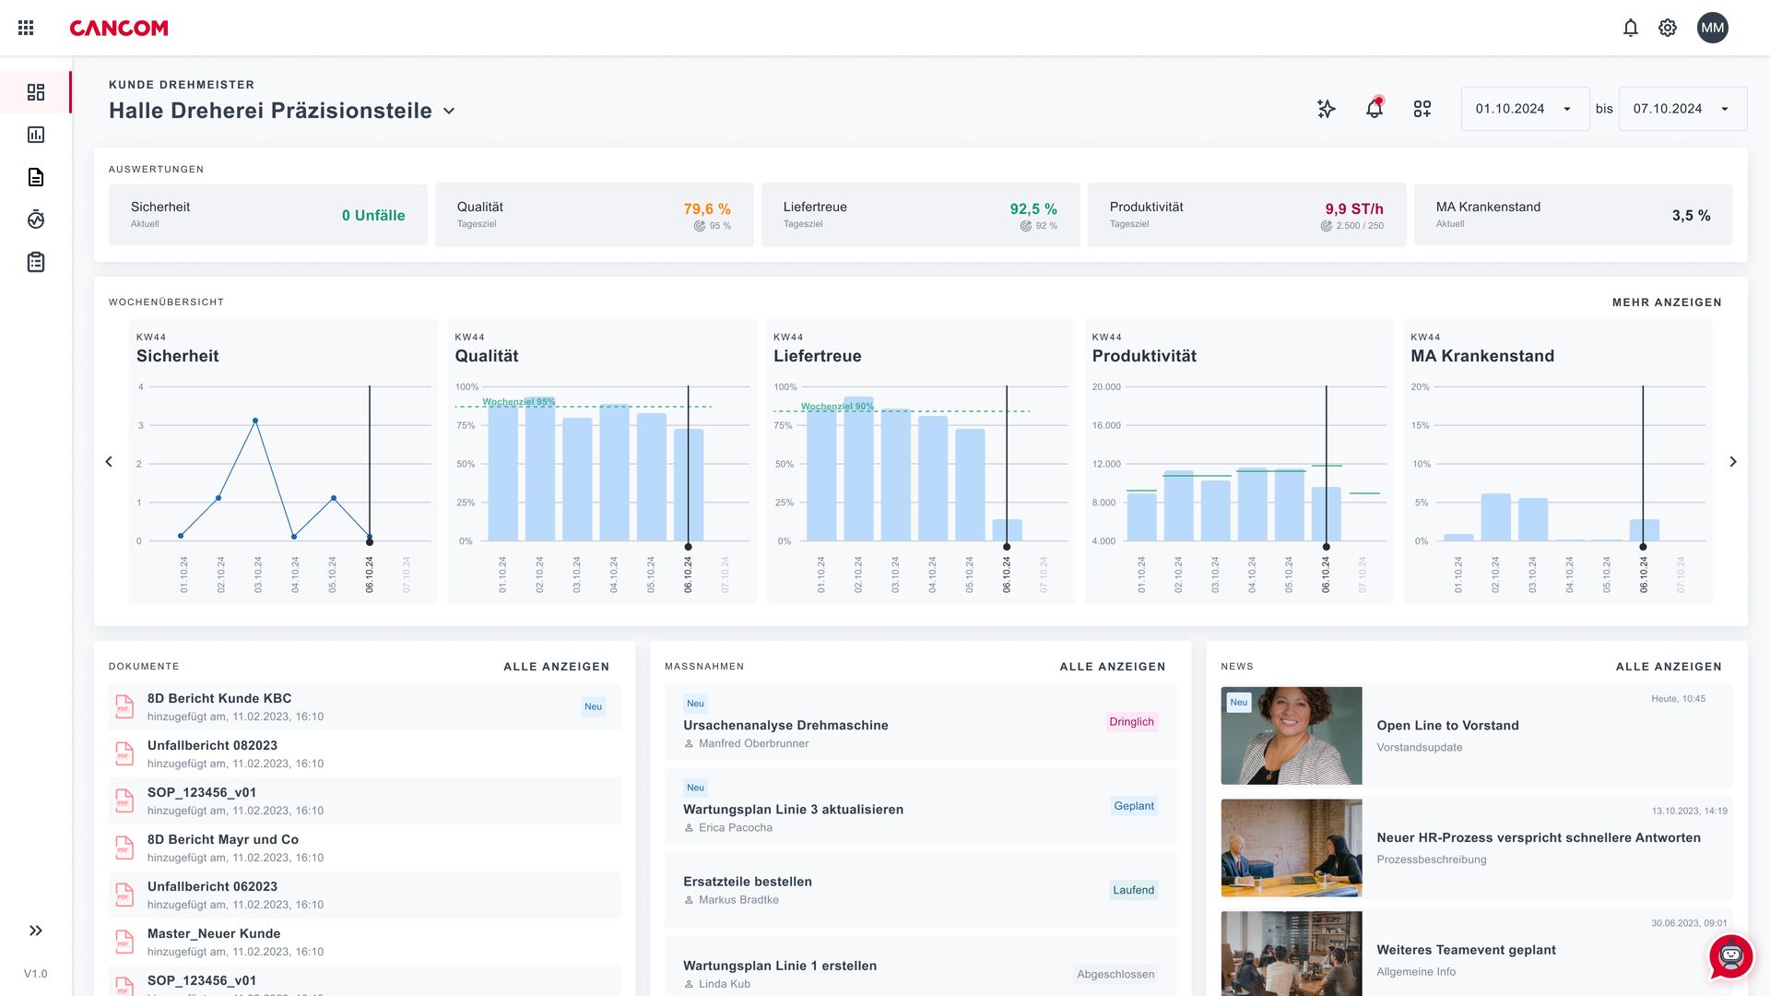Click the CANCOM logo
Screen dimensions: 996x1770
coord(119,29)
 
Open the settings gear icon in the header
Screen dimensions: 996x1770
coord(1667,28)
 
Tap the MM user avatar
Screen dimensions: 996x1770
coord(1712,28)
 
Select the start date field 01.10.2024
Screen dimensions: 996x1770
coord(1524,109)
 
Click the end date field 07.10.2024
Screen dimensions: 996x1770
coord(1681,109)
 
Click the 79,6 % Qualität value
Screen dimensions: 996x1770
coord(707,209)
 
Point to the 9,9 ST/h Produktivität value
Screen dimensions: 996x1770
coord(1353,209)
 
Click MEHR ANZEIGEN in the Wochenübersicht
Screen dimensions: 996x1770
coord(1666,302)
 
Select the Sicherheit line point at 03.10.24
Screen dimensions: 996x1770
coord(255,421)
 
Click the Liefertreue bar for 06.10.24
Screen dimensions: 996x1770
coord(1007,530)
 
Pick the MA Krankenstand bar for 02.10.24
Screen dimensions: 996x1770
coord(1495,517)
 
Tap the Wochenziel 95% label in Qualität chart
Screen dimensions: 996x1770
coord(519,402)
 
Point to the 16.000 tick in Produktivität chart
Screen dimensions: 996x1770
coord(1106,425)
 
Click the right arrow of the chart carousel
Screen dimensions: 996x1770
coord(1732,461)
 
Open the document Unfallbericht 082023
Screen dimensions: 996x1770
coord(212,745)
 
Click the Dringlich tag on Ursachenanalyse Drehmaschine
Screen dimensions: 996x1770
coord(1131,722)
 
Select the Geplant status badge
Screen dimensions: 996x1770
coord(1133,806)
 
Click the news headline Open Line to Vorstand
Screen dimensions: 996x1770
coord(1447,726)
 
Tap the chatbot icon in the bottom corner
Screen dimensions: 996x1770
coord(1730,956)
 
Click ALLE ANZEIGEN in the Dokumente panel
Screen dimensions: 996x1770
coord(556,667)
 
